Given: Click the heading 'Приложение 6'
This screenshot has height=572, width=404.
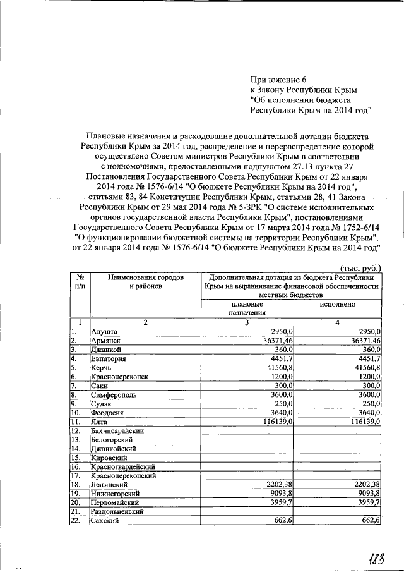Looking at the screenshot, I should point(278,80).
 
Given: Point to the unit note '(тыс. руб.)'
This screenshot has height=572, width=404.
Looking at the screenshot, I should point(360,268).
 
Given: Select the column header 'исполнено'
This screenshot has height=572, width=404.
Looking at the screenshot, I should point(338,304).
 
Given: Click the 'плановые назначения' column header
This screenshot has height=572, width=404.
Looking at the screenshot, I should point(247,308).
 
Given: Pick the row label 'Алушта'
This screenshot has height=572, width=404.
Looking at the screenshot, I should point(104,331).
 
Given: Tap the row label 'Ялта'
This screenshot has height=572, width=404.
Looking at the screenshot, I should point(100,421).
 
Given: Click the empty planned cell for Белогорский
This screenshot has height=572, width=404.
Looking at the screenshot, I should point(247,439).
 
